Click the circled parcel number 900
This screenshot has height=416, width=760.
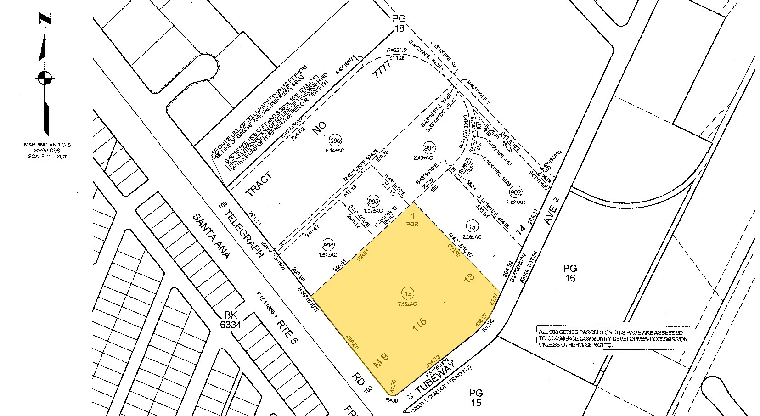[x=335, y=140]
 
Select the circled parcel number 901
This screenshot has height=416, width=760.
[x=429, y=148]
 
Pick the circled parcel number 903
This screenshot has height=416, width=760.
[x=373, y=201]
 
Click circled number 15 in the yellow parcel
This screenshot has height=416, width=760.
[x=406, y=293]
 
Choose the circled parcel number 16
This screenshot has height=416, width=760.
[x=472, y=226]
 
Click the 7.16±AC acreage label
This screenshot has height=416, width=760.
[x=407, y=304]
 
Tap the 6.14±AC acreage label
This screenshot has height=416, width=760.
[x=335, y=150]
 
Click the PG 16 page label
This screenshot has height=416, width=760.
[x=570, y=273]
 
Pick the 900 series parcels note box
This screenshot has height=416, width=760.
[x=613, y=338]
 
